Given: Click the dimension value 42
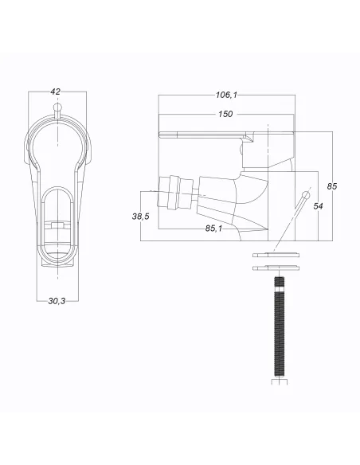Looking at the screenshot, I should coord(55,92).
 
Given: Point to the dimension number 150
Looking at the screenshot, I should coord(225,114).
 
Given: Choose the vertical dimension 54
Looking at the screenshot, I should coord(318,205).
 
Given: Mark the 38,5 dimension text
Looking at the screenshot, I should coord(141,216).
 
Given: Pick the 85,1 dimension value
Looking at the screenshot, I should coord(213,229).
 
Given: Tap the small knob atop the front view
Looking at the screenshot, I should coord(56,109).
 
